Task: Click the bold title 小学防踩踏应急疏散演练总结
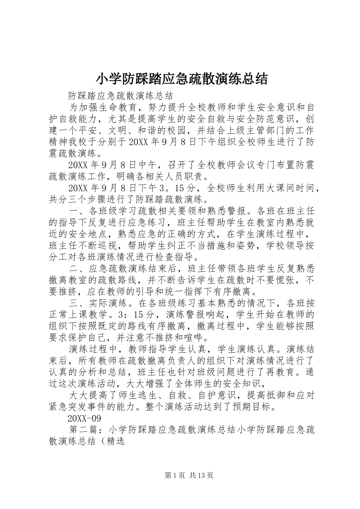[x=182, y=79]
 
